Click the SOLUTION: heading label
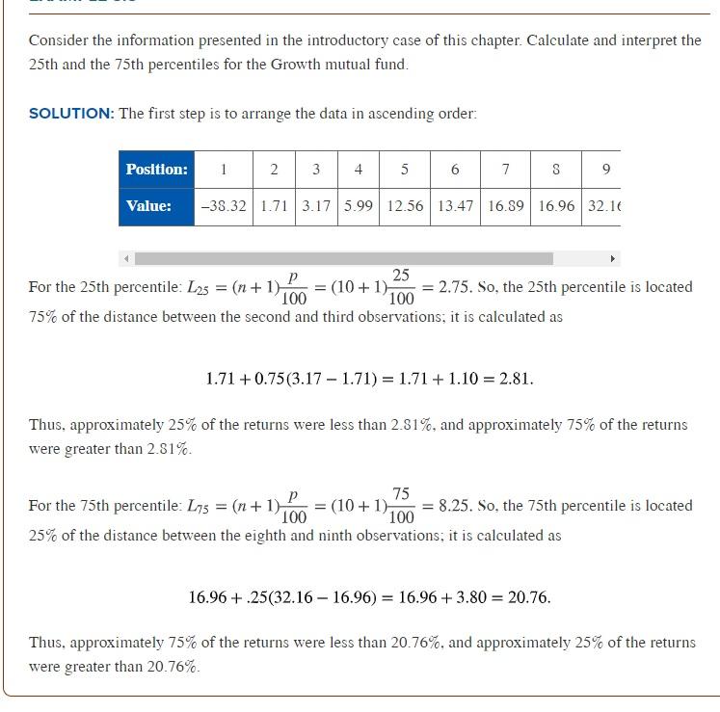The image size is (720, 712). tap(71, 114)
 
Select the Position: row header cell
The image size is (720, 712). tap(156, 170)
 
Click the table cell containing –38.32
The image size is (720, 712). tap(224, 206)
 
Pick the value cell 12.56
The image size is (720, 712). tap(404, 206)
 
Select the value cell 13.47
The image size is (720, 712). tap(455, 206)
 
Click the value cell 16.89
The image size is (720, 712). tap(505, 206)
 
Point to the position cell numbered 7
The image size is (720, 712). tap(505, 170)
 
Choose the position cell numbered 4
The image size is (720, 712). tap(358, 170)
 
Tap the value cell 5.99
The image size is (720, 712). tap(358, 206)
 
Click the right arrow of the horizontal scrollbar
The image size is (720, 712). tap(612, 258)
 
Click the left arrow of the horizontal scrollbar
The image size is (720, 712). tap(126, 258)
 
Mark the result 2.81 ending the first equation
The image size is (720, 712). tap(516, 379)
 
